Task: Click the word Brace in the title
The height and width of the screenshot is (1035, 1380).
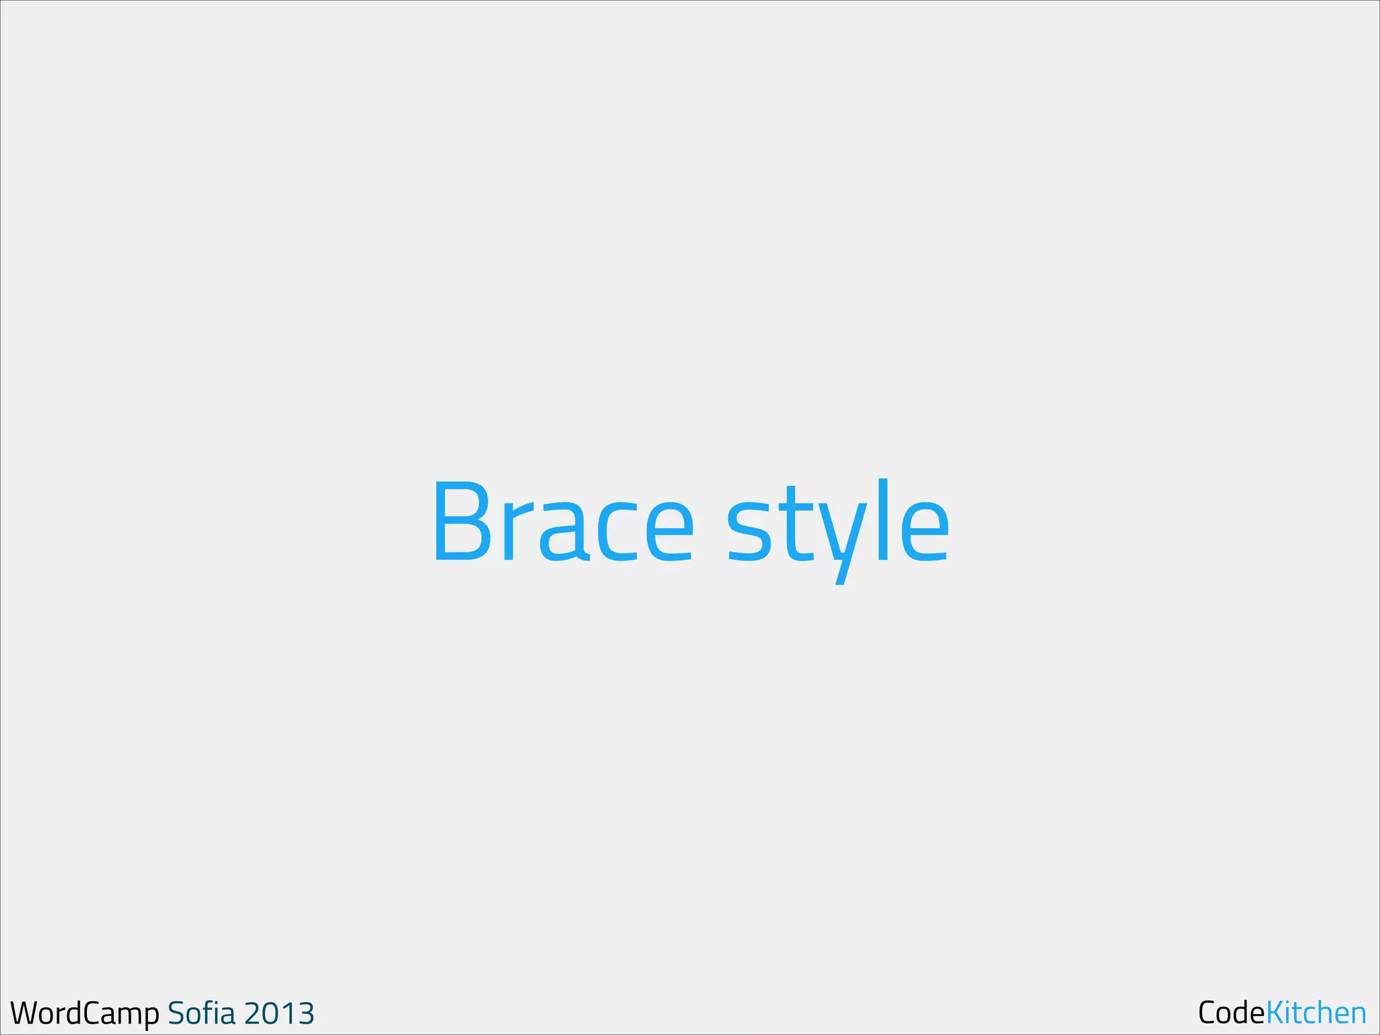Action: click(x=563, y=522)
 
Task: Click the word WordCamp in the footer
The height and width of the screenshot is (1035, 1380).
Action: click(x=85, y=1013)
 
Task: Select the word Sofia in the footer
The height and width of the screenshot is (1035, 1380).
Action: click(x=201, y=1013)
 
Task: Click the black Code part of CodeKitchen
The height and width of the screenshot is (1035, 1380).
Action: click(x=1231, y=1013)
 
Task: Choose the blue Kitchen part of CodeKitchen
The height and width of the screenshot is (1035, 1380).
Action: click(x=1316, y=1013)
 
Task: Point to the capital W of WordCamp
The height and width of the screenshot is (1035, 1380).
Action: click(x=25, y=1013)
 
